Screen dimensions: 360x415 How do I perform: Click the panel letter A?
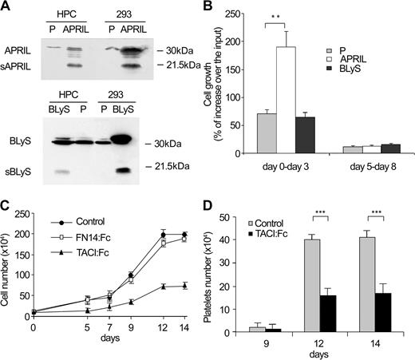[6, 6]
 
